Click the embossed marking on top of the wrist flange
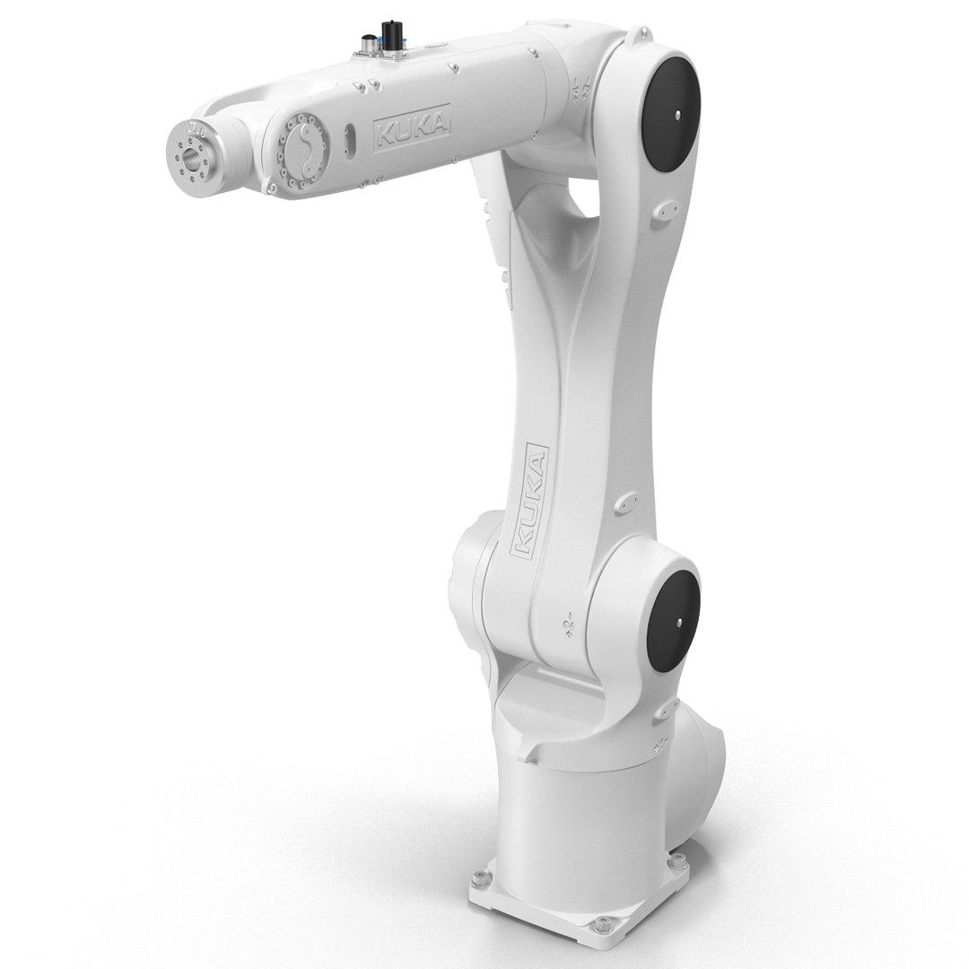click(x=194, y=133)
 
